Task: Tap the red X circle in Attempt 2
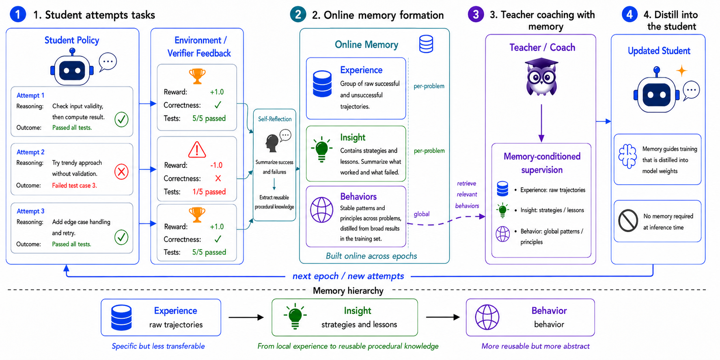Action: pyautogui.click(x=121, y=172)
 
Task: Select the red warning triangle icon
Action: pyautogui.click(x=197, y=149)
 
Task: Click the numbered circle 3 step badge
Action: pyautogui.click(x=476, y=15)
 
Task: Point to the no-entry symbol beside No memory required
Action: pyautogui.click(x=628, y=221)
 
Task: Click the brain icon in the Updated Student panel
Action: pyautogui.click(x=627, y=156)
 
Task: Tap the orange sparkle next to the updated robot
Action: pyautogui.click(x=681, y=71)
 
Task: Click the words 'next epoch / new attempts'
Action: pyautogui.click(x=348, y=276)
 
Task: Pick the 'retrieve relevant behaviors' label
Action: pyautogui.click(x=467, y=195)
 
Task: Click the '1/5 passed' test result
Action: pyautogui.click(x=209, y=192)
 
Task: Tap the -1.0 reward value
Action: pyautogui.click(x=216, y=165)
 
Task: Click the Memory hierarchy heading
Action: pyautogui.click(x=348, y=291)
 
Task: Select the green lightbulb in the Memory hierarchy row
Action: pyautogui.click(x=295, y=317)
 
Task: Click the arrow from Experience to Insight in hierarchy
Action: pyautogui.click(x=246, y=317)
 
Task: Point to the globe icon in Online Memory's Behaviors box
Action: pyautogui.click(x=322, y=210)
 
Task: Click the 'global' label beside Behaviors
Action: pyautogui.click(x=422, y=214)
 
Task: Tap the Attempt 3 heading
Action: pyautogui.click(x=30, y=211)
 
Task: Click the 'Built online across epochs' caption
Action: pyautogui.click(x=371, y=256)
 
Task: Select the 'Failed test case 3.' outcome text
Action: pyautogui.click(x=74, y=185)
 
